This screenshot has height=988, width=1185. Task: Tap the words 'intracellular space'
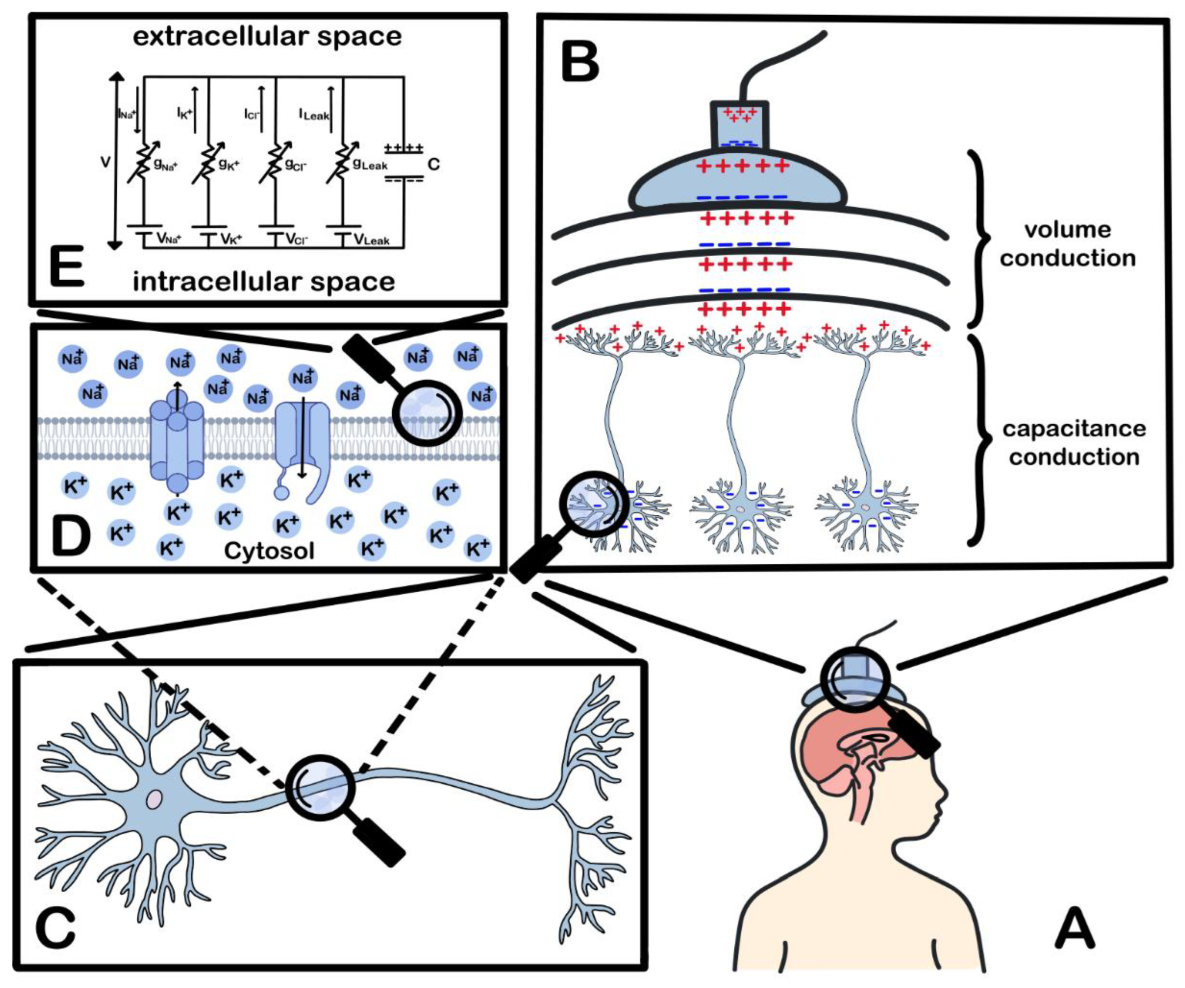point(263,281)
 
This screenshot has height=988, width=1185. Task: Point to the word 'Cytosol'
point(269,550)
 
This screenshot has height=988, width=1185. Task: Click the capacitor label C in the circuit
point(433,165)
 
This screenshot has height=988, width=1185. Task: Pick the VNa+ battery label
point(169,239)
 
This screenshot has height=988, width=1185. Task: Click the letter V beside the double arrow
point(105,162)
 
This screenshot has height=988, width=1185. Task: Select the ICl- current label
point(252,113)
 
